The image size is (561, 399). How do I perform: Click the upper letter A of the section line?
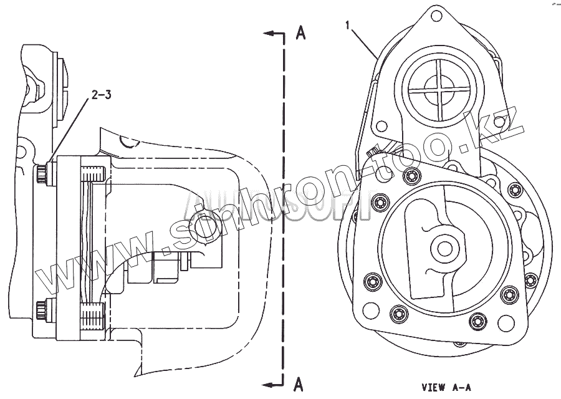pos(300,34)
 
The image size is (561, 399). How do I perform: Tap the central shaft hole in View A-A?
pos(445,248)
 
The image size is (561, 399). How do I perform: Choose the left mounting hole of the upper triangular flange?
pos(380,125)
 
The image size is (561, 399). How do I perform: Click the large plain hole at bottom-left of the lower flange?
pos(372,309)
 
